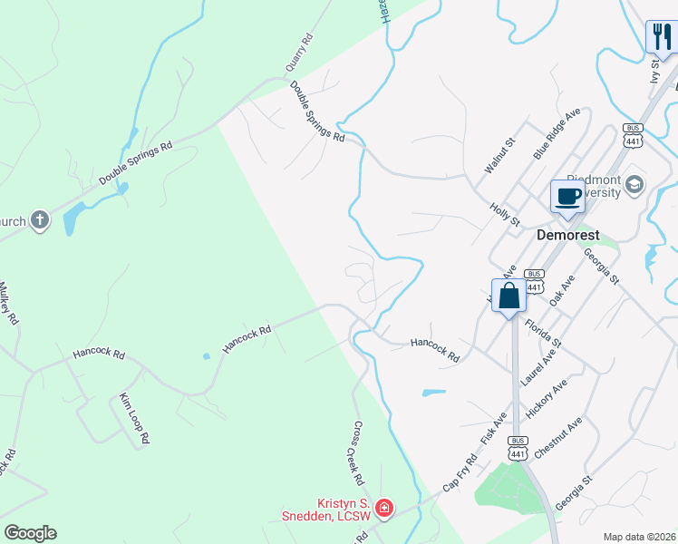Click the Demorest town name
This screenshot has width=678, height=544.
[x=567, y=234]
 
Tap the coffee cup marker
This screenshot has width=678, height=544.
[x=568, y=197]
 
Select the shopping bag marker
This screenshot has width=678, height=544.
[x=508, y=296]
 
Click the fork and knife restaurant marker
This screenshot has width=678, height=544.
[x=661, y=38]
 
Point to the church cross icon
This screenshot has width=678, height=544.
[x=39, y=220]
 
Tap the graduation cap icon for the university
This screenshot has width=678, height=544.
[x=634, y=185]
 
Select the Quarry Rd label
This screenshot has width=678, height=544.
[x=298, y=53]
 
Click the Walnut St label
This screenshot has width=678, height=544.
[x=499, y=156]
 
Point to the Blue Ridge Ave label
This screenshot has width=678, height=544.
[x=557, y=134]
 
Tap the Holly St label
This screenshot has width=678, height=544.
[x=504, y=215]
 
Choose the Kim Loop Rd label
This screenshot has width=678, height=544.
[x=134, y=419]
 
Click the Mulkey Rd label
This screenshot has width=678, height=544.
[x=8, y=304]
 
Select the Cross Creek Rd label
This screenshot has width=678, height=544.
[x=358, y=453]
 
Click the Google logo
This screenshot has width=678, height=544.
[x=30, y=533]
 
